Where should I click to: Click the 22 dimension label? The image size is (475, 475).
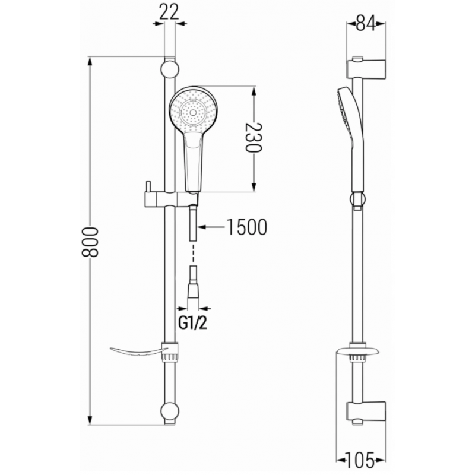169,11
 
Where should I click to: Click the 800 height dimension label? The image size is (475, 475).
90,241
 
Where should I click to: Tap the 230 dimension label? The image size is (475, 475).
254,138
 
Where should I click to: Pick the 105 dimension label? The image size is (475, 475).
362,459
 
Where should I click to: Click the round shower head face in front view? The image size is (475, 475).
192,110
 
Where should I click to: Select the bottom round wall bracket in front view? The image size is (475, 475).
170,411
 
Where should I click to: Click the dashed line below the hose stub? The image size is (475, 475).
193,254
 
